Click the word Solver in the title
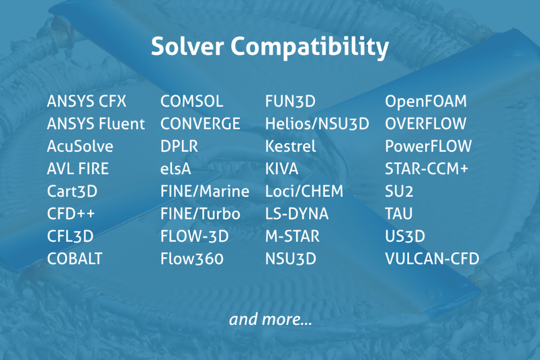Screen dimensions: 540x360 187,47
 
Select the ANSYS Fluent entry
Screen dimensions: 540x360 96,123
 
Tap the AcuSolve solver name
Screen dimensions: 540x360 80,146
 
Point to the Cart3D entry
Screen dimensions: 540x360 72,191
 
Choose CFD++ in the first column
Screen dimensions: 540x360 70,213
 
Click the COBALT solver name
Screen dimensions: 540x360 74,258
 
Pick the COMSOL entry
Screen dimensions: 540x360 192,102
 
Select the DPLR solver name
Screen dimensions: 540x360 179,146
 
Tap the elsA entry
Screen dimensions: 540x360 175,169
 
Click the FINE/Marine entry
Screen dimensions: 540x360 205,191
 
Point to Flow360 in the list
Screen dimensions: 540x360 192,258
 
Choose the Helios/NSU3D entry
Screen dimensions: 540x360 317,123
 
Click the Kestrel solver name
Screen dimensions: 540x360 290,146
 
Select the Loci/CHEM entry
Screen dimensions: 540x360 304,191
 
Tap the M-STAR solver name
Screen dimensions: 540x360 292,237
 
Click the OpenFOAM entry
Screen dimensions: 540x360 426,102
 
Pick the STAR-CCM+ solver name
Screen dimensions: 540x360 426,169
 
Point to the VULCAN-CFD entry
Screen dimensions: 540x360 432,258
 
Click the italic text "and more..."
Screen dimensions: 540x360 271,320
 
